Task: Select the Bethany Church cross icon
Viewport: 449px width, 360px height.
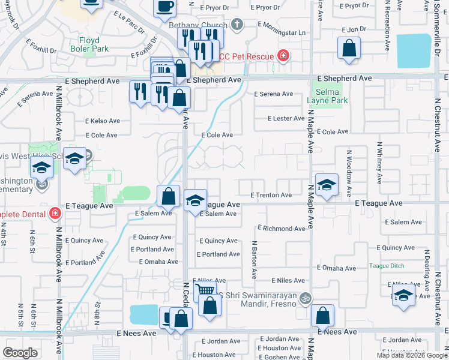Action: [237, 24]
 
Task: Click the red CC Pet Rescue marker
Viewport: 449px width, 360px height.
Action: [283, 56]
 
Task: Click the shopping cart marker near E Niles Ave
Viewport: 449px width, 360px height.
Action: [205, 290]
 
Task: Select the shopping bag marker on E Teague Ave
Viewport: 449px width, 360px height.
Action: [169, 195]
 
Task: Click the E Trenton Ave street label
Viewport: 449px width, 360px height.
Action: [271, 195]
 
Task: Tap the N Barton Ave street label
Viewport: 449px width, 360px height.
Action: [254, 260]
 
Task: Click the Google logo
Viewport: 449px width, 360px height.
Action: [20, 353]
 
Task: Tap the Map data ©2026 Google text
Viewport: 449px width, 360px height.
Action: [412, 355]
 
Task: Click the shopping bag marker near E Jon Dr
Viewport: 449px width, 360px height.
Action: [349, 48]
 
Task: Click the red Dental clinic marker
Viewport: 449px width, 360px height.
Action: [55, 213]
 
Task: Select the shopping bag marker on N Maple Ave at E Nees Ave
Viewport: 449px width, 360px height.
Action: [323, 314]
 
